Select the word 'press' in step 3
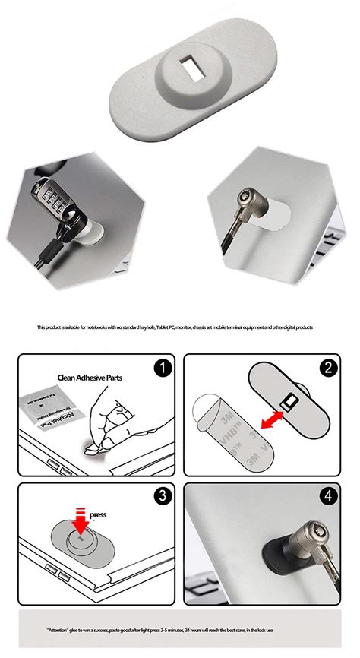[97, 514]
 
